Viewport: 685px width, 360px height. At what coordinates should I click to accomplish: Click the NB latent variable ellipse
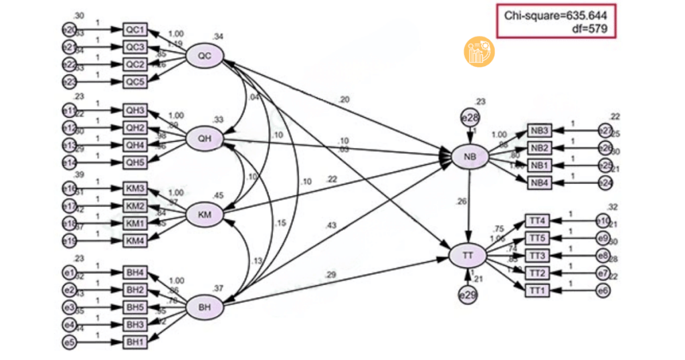coord(470,157)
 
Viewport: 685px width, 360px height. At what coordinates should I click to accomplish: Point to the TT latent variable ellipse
coord(470,256)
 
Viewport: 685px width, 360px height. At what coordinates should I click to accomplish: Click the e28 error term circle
coord(470,118)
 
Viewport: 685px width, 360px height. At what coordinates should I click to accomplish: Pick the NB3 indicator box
coord(541,130)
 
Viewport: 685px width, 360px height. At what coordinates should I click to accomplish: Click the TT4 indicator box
coord(538,220)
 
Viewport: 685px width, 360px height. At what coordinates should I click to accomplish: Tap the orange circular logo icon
coord(479,52)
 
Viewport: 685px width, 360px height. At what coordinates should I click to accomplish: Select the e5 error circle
coord(68,343)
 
